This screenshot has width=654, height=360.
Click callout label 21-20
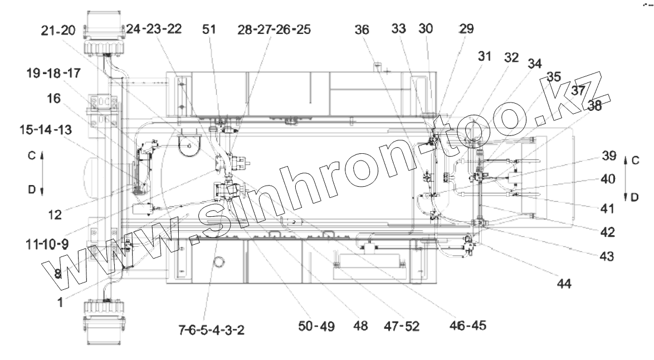click(x=58, y=31)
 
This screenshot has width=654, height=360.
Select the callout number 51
click(x=209, y=29)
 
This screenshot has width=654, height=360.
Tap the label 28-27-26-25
click(x=275, y=30)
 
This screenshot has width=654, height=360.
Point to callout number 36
click(x=362, y=30)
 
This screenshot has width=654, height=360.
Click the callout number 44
click(x=564, y=284)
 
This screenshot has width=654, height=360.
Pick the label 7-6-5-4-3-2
click(x=212, y=330)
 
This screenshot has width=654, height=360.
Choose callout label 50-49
click(x=316, y=326)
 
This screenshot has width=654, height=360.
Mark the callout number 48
click(x=360, y=326)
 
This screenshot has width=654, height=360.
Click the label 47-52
click(x=402, y=326)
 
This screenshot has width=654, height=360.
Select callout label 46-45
click(x=468, y=325)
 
